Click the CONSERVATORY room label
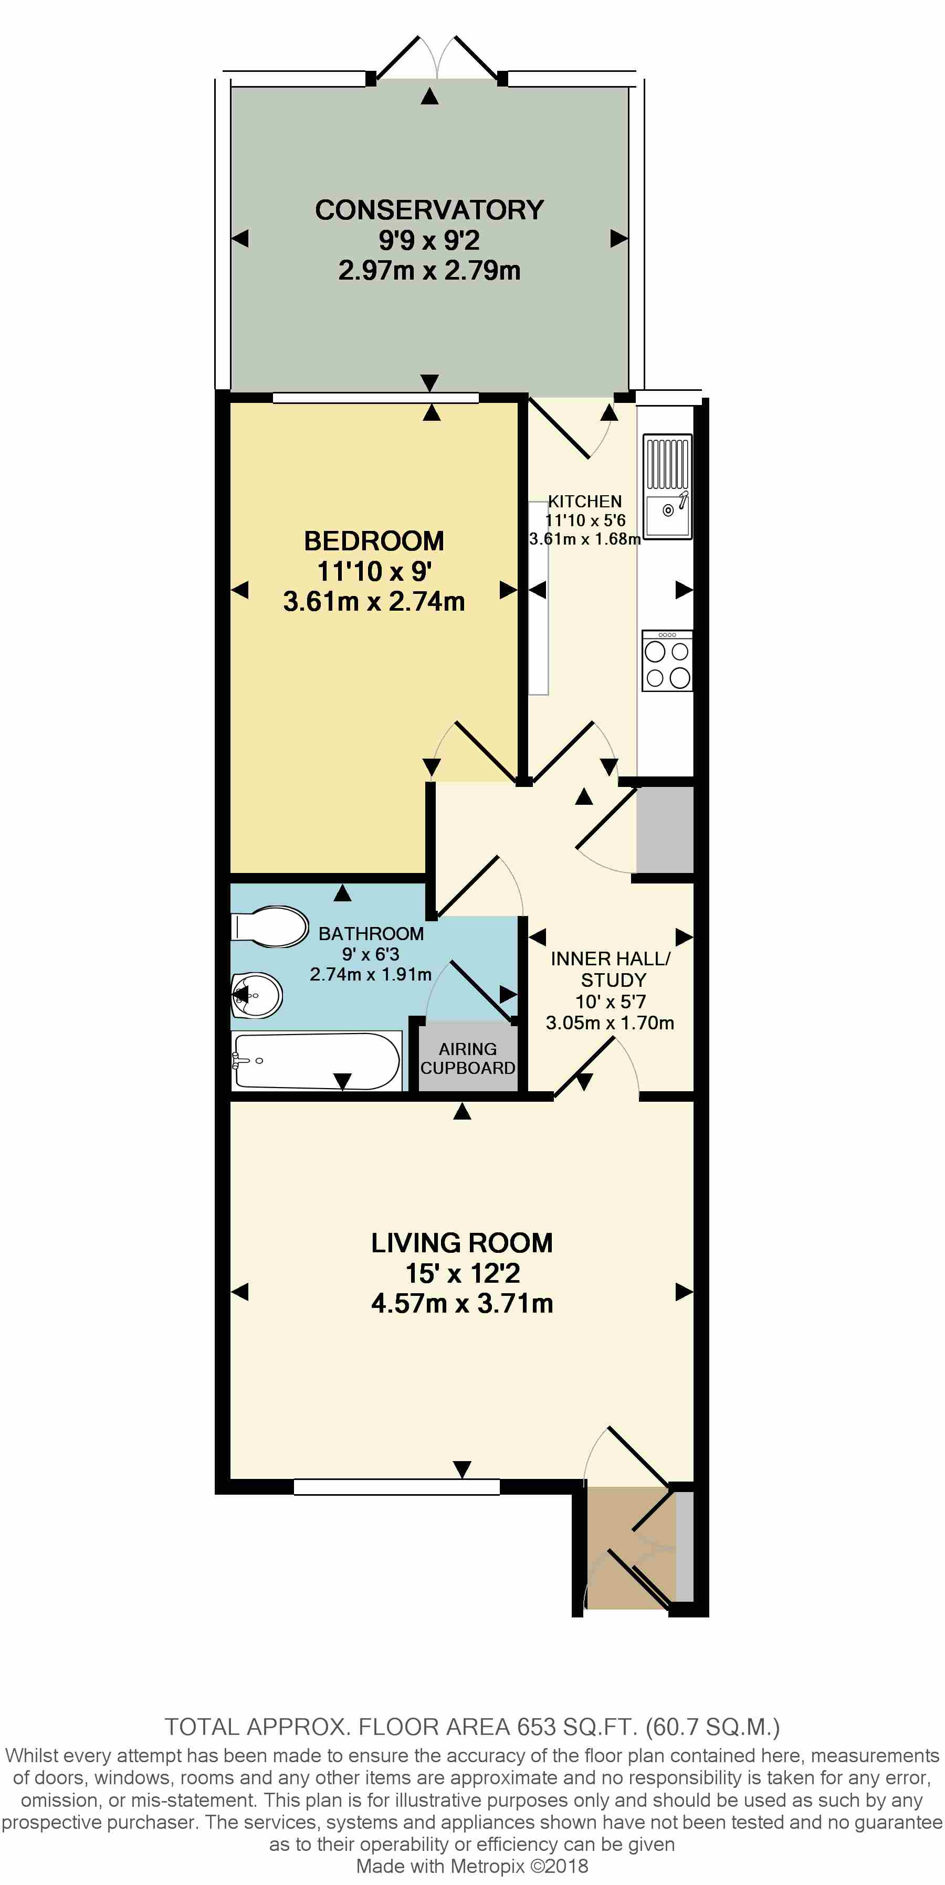click(429, 210)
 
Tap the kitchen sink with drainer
click(667, 487)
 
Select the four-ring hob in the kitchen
click(667, 662)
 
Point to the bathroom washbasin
click(256, 995)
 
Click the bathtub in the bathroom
click(316, 1060)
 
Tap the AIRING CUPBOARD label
click(468, 1058)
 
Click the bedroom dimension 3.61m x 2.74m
click(374, 602)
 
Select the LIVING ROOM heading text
click(462, 1242)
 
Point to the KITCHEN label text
click(585, 501)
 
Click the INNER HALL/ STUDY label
click(611, 969)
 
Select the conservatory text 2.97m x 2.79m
click(429, 271)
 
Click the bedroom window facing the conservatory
click(375, 398)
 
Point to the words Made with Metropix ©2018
click(472, 1866)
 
